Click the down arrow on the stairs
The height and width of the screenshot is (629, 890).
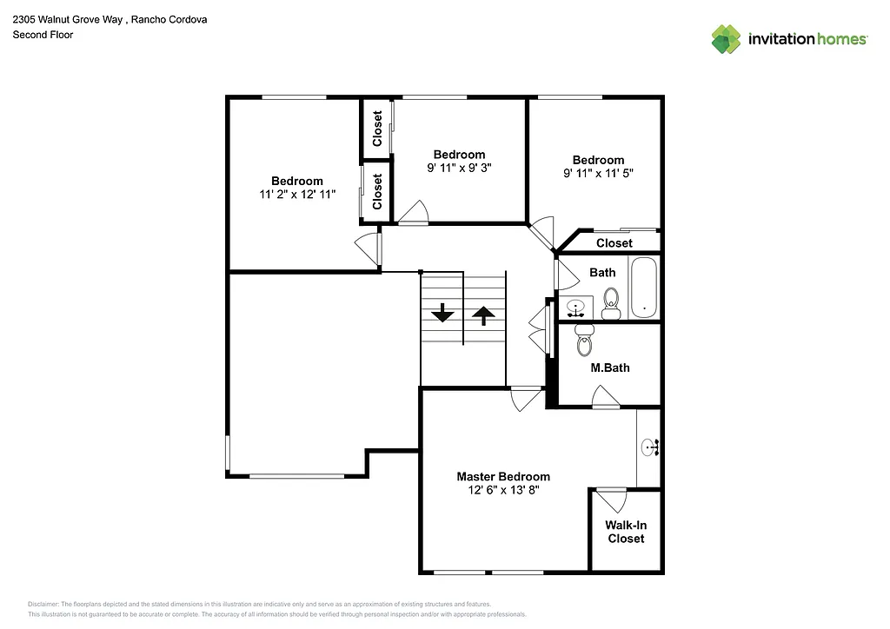[x=442, y=313]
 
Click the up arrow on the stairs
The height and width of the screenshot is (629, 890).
[x=483, y=314]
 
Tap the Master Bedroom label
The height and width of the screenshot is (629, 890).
[x=503, y=476]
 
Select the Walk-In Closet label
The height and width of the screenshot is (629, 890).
[x=626, y=532]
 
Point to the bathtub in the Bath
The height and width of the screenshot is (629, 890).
[x=643, y=288]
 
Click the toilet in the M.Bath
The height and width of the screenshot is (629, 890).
[x=584, y=341]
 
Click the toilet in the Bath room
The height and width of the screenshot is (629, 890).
[x=610, y=308]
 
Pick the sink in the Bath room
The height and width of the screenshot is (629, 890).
[x=575, y=308]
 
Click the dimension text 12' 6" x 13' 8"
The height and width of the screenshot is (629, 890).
[x=503, y=491]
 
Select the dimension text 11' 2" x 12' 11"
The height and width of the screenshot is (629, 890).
[x=296, y=195]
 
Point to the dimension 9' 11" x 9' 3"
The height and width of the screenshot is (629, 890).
[x=459, y=169]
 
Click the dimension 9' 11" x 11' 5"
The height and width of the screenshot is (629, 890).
[x=598, y=174]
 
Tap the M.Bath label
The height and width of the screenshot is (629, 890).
[x=609, y=367]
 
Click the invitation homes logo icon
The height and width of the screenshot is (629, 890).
[x=726, y=39]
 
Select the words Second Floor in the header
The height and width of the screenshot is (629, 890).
[x=42, y=35]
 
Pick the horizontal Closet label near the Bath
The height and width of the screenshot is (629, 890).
[x=614, y=243]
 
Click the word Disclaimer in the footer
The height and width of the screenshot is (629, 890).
[x=43, y=604]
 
